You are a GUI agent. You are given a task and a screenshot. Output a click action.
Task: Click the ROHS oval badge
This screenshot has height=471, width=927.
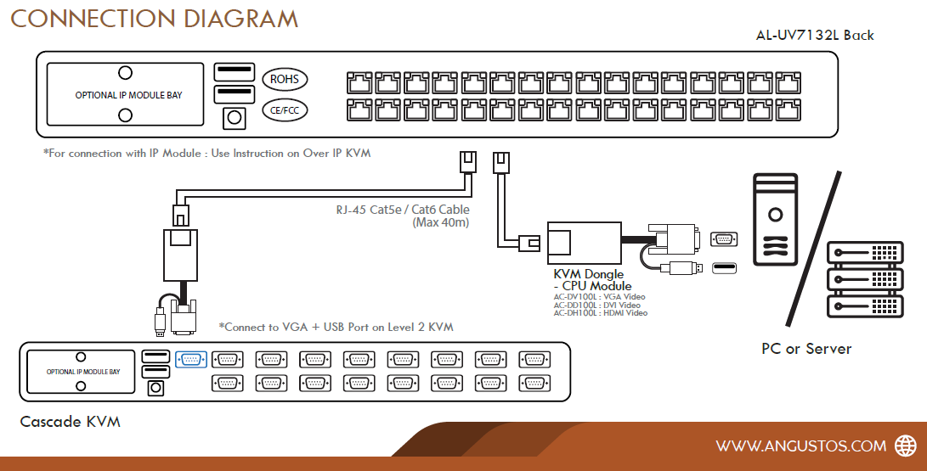click(x=285, y=80)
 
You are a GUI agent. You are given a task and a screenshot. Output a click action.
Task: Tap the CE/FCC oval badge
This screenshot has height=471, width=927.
click(x=285, y=109)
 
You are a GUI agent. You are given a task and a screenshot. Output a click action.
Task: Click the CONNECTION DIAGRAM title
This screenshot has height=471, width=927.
click(x=154, y=18)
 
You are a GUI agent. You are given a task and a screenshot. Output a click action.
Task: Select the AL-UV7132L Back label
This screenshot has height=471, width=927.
click(x=814, y=35)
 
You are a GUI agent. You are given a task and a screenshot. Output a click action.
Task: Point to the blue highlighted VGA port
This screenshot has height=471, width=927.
click(x=190, y=359)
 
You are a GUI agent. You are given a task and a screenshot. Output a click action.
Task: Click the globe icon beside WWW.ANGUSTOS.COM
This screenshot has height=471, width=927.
click(x=903, y=446)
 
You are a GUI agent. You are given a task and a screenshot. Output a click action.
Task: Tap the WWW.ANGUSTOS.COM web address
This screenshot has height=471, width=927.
click(x=800, y=446)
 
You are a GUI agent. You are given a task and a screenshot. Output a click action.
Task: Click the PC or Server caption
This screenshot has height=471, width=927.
click(x=805, y=349)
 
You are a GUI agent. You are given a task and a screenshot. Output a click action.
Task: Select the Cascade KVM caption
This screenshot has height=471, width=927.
click(x=70, y=422)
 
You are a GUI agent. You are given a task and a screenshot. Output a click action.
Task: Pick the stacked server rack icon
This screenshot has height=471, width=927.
click(x=862, y=278)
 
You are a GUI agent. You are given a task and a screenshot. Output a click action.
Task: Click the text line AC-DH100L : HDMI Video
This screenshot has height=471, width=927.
click(x=600, y=313)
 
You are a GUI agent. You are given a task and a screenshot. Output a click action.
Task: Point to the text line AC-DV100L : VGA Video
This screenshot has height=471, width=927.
click(x=599, y=297)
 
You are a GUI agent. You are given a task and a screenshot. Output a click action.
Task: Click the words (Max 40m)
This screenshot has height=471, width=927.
click(x=441, y=223)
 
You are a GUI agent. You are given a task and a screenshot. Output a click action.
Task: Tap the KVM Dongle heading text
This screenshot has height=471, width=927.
click(x=588, y=274)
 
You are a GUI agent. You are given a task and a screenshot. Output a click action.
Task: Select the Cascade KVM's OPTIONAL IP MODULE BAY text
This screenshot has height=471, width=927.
click(x=83, y=372)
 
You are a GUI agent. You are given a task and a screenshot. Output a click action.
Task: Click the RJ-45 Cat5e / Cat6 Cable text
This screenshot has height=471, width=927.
click(x=402, y=210)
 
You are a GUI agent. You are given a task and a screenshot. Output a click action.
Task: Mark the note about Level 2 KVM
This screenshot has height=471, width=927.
click(x=336, y=327)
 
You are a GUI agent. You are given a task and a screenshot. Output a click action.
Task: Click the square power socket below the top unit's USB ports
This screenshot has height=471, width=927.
click(x=234, y=118)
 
